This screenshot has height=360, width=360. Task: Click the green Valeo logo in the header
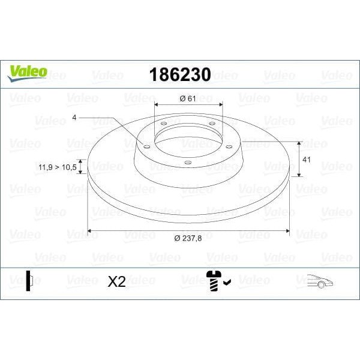26,71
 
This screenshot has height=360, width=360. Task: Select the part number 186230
179,74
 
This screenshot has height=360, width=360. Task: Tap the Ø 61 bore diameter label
188,98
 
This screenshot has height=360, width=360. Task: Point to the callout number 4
74,119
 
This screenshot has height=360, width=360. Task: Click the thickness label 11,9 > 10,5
56,167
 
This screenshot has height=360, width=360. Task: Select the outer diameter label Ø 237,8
188,239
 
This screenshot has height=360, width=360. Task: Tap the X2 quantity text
116,281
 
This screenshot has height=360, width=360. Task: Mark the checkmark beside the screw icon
227,279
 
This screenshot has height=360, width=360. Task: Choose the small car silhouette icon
320,281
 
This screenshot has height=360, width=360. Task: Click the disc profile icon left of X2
28,281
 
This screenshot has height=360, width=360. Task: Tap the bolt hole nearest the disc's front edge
187,163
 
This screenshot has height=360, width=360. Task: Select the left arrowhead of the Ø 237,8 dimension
90,230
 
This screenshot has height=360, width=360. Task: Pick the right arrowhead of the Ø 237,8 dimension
288,230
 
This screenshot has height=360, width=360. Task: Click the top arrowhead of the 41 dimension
299,143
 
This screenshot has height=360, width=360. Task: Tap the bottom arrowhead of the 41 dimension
299,178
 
